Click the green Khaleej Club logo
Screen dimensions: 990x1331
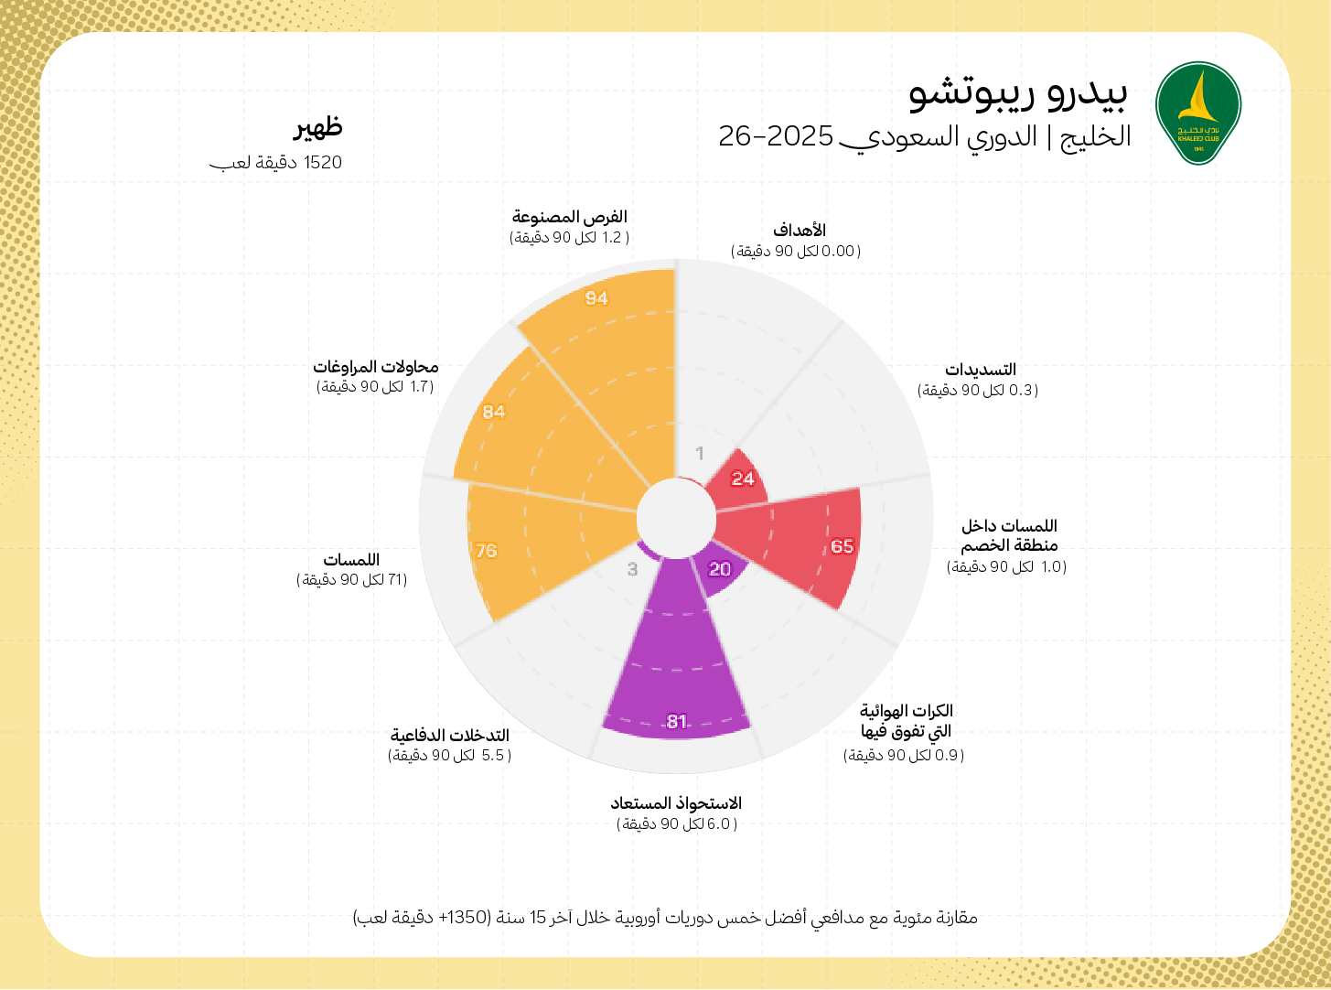click(x=1197, y=113)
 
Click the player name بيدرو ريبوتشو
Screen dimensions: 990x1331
click(x=1018, y=92)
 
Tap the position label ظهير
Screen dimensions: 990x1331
click(x=317, y=127)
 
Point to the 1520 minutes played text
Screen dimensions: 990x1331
click(x=276, y=163)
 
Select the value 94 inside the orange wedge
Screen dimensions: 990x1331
click(x=596, y=298)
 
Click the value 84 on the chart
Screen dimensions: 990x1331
click(x=494, y=412)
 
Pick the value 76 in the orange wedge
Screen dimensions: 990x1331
click(x=486, y=551)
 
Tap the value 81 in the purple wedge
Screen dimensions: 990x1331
click(x=677, y=721)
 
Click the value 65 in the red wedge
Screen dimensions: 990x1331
click(x=842, y=546)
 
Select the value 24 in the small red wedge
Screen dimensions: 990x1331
click(x=743, y=479)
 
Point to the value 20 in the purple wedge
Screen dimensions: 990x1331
click(x=720, y=569)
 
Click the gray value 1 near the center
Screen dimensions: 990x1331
click(x=700, y=453)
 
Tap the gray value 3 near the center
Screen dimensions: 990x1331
click(x=632, y=569)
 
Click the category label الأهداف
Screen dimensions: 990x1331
click(x=799, y=230)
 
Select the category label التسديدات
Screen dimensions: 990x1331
click(x=980, y=370)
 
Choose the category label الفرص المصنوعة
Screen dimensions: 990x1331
click(x=569, y=217)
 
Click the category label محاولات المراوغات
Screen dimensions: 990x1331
click(x=376, y=367)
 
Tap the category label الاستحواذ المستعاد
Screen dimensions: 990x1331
click(x=676, y=803)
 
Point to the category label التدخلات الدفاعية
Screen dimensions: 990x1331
click(x=449, y=736)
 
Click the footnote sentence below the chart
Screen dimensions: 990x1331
click(x=665, y=917)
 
